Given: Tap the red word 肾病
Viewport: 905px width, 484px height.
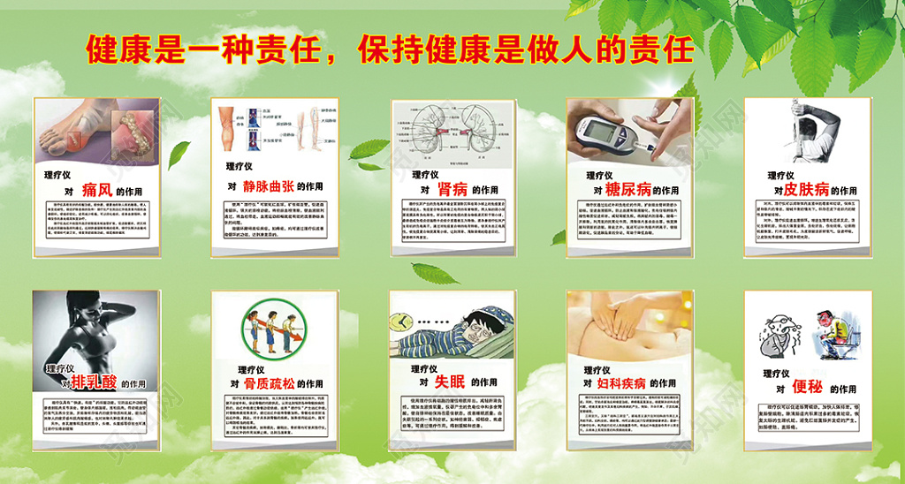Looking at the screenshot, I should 452,189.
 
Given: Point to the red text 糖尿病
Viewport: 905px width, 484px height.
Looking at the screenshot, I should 627,189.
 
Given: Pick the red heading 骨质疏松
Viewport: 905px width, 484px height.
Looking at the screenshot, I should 269,383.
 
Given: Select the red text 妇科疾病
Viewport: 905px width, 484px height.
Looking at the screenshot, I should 623,383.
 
